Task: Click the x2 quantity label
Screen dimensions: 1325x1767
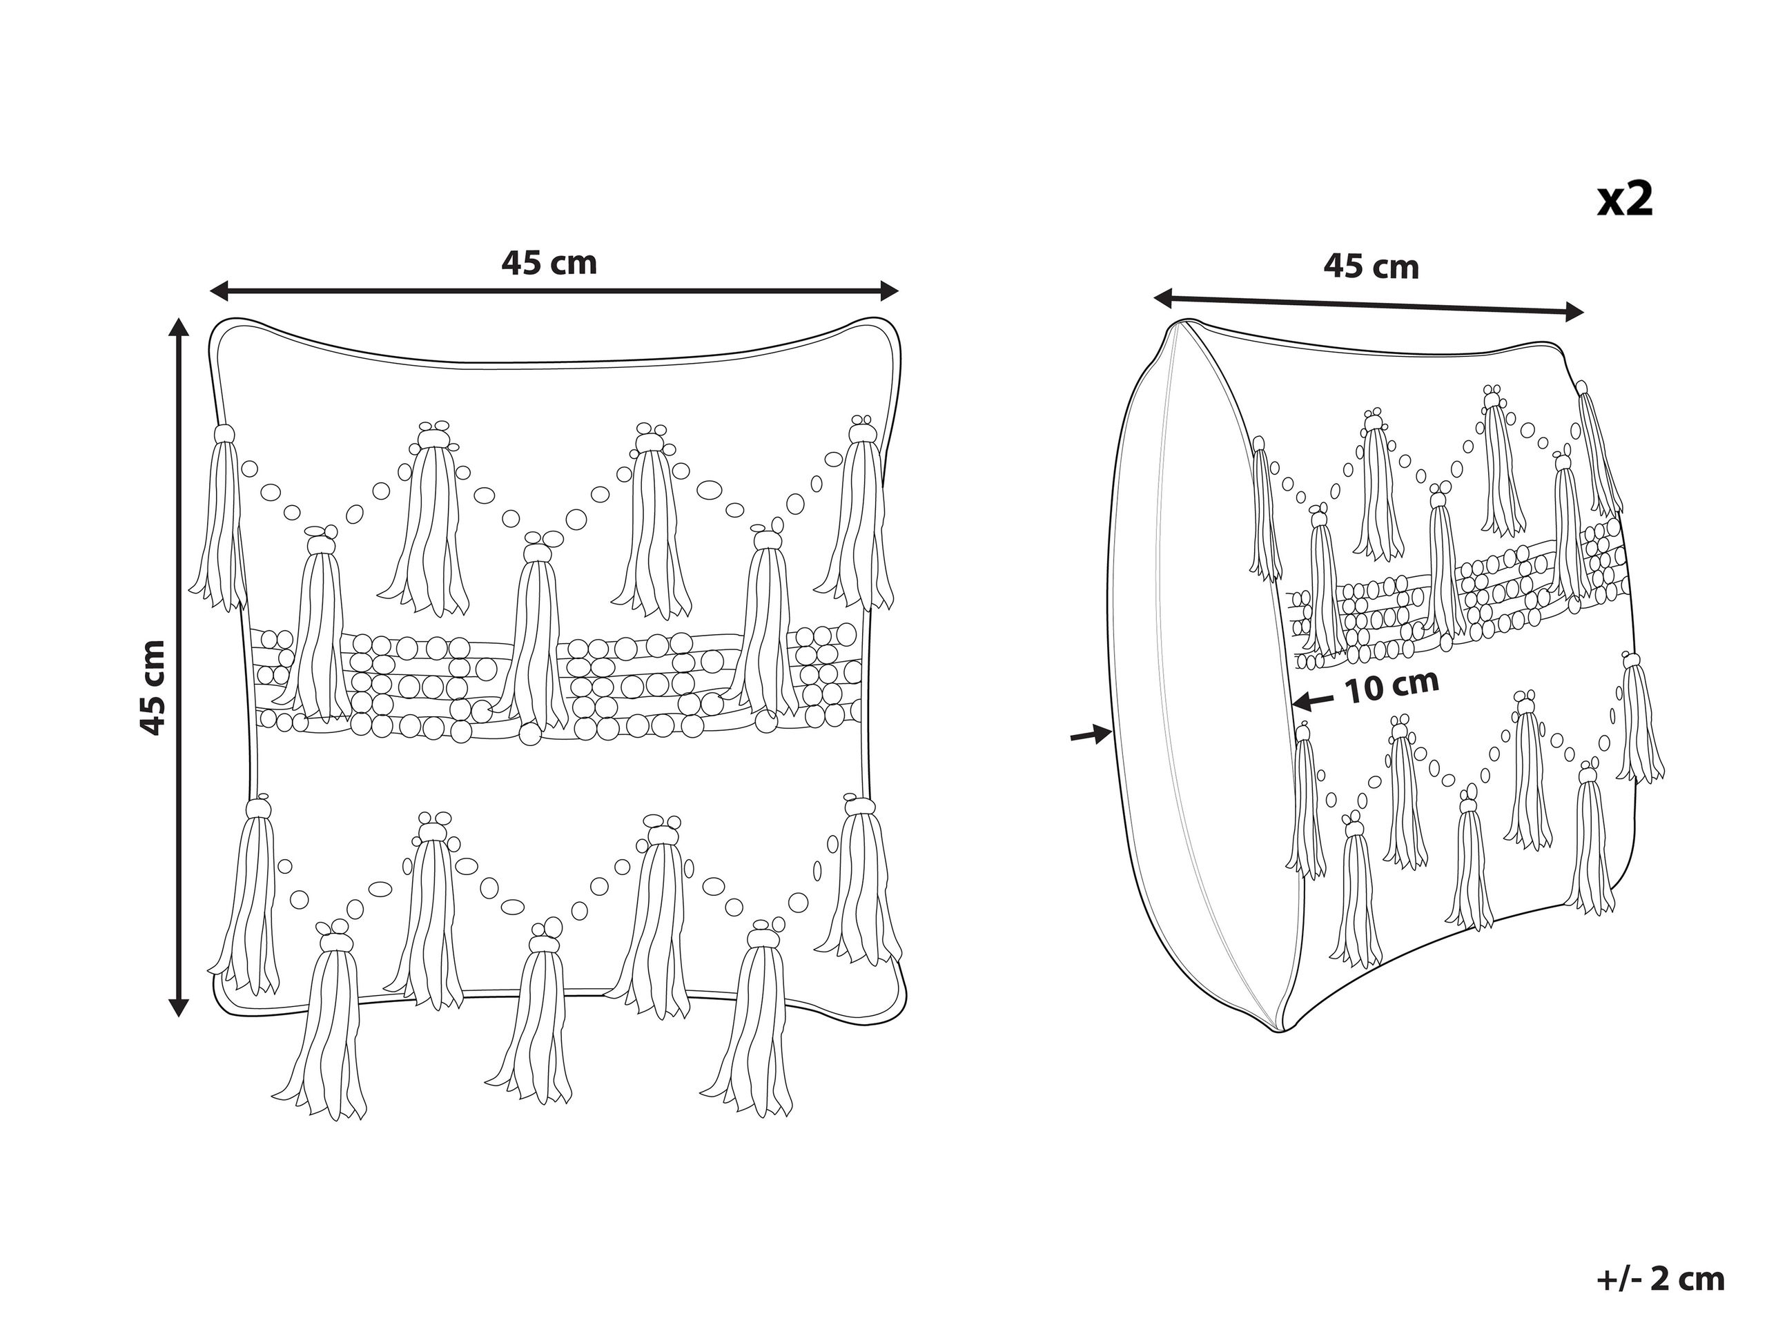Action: [x=1624, y=200]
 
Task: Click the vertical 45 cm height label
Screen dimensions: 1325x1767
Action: [x=153, y=687]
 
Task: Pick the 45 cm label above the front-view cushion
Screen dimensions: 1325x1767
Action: [x=549, y=263]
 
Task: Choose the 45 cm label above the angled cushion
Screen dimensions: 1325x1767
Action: [x=1371, y=267]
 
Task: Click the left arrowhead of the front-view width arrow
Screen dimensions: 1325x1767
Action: [x=218, y=291]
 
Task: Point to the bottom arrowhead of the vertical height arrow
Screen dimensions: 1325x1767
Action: [x=179, y=1008]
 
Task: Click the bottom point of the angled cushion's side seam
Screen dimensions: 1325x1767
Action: [x=1278, y=1032]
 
